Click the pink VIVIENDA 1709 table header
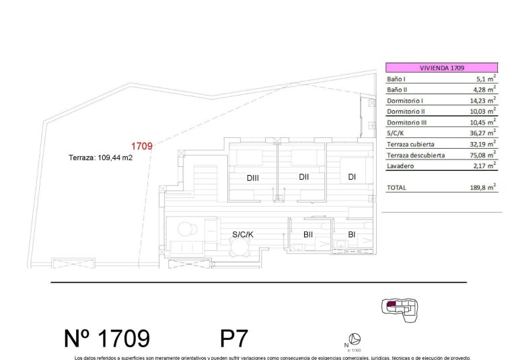441,68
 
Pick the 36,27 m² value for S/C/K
483,133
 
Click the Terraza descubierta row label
415,155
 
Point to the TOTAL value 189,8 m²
482,188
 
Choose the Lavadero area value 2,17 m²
484,166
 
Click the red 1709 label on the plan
142,146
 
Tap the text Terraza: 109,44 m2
100,158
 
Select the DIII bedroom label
253,178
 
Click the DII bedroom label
303,177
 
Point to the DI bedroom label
351,177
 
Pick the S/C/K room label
243,234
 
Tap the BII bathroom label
308,234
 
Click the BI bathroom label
351,234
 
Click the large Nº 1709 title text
107,337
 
